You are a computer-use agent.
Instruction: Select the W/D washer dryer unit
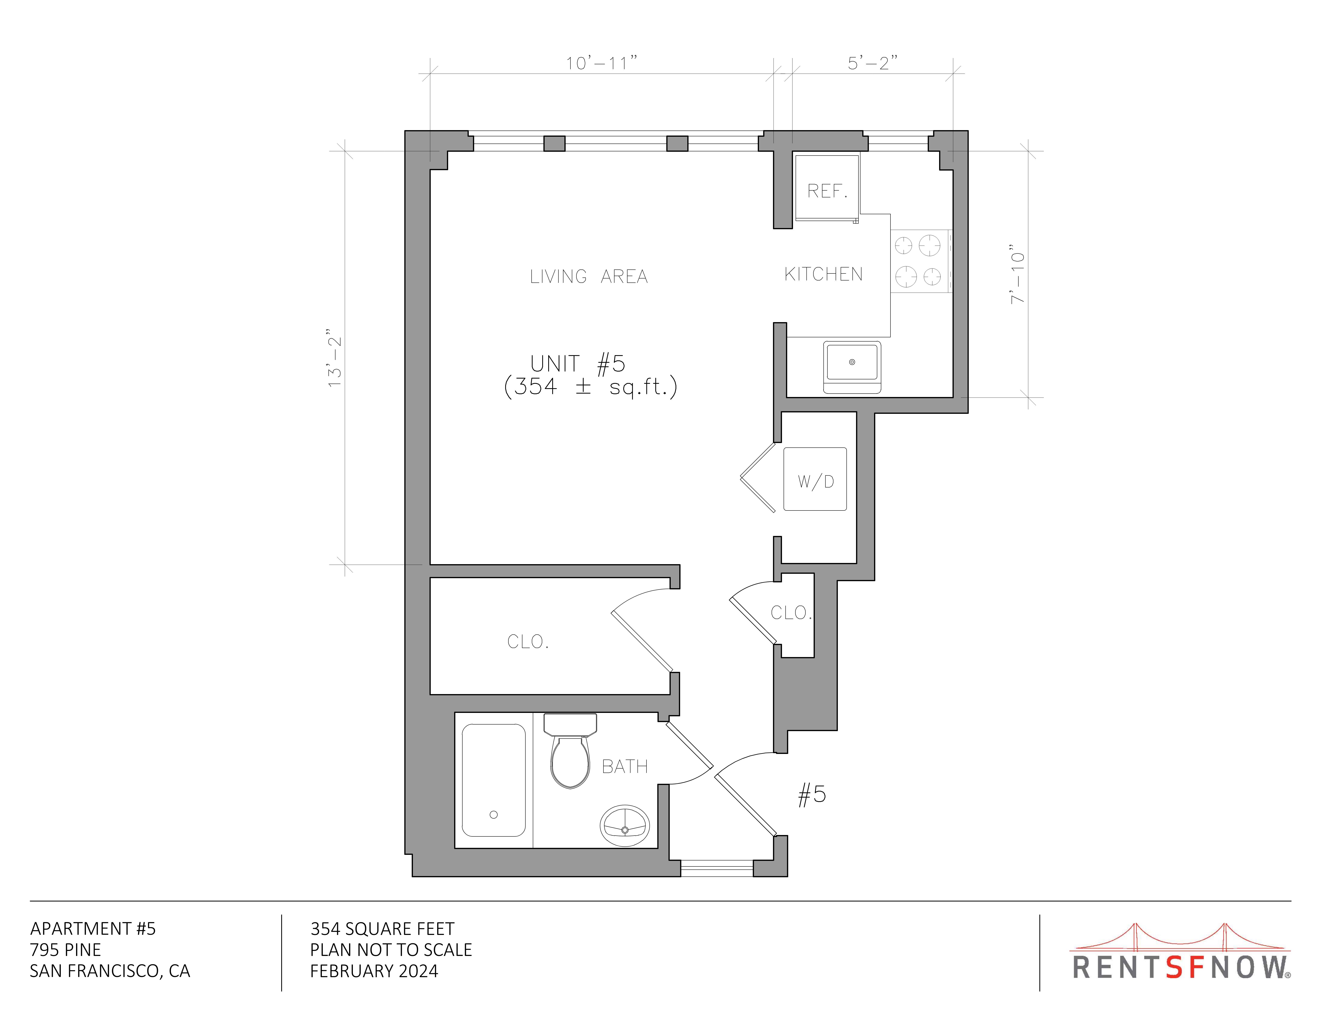(815, 479)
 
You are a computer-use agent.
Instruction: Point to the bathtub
(494, 780)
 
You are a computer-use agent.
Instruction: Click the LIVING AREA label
(588, 276)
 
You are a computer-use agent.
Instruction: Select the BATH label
(625, 766)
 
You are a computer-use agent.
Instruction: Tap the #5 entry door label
(812, 794)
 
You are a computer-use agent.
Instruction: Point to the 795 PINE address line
(65, 950)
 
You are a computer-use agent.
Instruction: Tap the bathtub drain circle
(494, 815)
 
